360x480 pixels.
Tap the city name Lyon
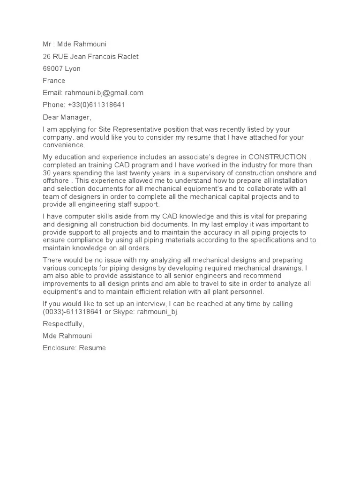click(x=73, y=68)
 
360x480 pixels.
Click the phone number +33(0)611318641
click(x=97, y=105)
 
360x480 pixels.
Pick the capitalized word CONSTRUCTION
click(x=277, y=157)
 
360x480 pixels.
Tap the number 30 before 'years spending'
click(x=47, y=172)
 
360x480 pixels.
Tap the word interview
click(x=152, y=304)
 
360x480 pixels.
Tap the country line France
click(x=54, y=81)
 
